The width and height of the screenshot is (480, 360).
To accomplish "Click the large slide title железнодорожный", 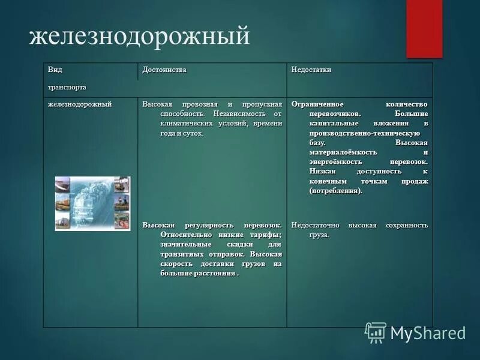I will coord(139,37).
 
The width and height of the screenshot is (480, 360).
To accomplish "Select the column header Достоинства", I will coord(164,70).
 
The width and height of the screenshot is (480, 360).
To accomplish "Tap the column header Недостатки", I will coord(311,70).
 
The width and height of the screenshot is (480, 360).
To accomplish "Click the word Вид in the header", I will coord(55,70).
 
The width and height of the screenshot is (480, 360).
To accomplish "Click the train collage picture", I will coord(92,203).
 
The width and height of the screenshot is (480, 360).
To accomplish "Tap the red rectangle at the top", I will coord(424,28).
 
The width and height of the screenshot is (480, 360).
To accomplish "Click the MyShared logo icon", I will coord(376,332).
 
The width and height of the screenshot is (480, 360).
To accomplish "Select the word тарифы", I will coord(266,235).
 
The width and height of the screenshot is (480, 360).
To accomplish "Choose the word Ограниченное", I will coord(318,104).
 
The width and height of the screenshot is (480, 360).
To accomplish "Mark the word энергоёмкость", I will coord(337,162).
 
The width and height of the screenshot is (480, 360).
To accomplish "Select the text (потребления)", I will coord(336,191).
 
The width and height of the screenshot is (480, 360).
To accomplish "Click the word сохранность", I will coord(406,225).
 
